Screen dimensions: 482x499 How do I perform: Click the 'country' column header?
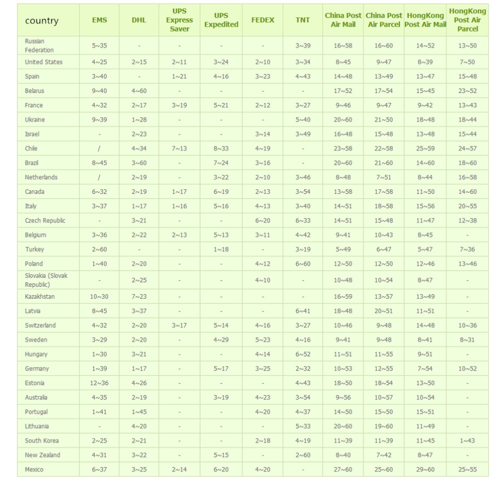pos(42,20)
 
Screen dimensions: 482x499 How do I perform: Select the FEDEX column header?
pos(262,20)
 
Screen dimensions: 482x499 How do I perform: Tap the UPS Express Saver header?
pos(180,20)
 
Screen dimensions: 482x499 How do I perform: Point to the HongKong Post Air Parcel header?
pos(468,20)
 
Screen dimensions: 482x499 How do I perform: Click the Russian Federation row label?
pos(39,45)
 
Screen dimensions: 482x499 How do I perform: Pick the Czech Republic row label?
pos(45,220)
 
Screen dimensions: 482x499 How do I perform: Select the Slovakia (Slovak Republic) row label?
pos(46,280)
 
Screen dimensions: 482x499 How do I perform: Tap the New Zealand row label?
pos(42,455)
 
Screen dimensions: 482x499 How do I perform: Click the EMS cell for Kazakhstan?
pos(99,297)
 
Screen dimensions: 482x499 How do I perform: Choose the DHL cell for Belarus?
pos(139,91)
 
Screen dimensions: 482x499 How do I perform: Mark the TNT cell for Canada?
pos(302,192)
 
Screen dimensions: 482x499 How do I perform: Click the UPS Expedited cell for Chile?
pos(221,148)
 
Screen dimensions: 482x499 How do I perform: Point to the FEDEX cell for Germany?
pos(262,369)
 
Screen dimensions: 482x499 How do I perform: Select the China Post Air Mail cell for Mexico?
pos(343,470)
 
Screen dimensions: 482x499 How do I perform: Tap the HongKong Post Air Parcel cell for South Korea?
pos(468,441)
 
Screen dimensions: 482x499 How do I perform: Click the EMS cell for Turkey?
pos(99,249)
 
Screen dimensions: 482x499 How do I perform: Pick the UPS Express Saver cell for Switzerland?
pos(180,325)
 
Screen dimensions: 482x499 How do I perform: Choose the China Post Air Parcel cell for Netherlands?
pos(384,177)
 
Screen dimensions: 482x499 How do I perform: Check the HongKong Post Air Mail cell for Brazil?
pos(425,163)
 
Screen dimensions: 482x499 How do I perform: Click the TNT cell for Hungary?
pos(302,354)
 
